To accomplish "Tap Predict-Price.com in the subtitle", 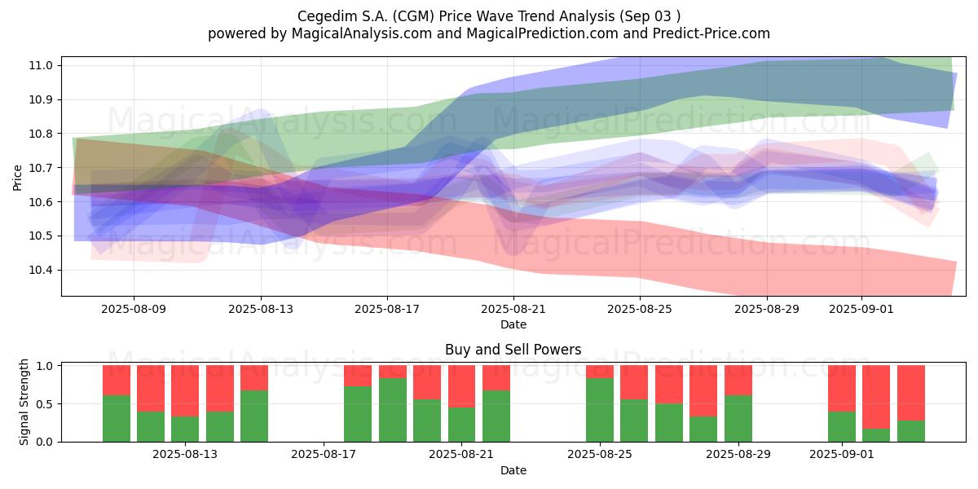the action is tap(711, 33).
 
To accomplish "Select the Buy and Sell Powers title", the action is tap(513, 350).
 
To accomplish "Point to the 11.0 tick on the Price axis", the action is tap(40, 65).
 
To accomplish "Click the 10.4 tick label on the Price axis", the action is tap(40, 270).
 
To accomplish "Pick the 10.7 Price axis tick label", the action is tap(40, 168).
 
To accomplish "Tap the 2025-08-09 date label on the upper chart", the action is tap(134, 309).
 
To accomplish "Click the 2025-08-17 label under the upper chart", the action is tap(387, 309).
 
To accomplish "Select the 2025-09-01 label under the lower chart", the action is tap(842, 454).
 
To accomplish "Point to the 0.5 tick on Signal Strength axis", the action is tap(44, 404).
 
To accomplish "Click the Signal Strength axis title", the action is tap(24, 402).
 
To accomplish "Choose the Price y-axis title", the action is tap(17, 178).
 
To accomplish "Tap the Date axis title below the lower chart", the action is tap(513, 470).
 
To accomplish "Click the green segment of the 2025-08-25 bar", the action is tap(600, 410).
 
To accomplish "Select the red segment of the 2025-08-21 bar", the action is tap(461, 386).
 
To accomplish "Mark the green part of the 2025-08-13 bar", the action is tap(185, 430).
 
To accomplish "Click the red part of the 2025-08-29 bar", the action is tap(738, 381).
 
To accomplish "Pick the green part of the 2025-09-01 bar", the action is tap(842, 426).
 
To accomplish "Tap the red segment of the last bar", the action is tap(911, 393).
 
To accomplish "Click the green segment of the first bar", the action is tap(116, 419).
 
